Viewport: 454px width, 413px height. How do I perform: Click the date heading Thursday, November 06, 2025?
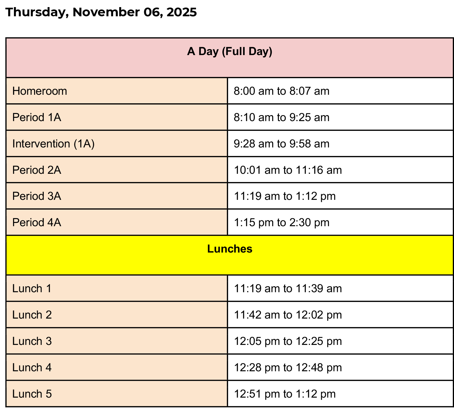point(101,12)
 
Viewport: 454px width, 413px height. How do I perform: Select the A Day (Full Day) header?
point(230,52)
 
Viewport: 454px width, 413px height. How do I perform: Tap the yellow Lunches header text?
point(230,249)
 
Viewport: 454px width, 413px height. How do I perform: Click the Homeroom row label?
point(40,91)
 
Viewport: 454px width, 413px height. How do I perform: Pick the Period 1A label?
point(37,117)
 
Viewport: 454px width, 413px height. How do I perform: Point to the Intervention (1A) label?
point(53,144)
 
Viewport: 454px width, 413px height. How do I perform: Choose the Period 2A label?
point(37,170)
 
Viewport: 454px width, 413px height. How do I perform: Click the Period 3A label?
point(37,196)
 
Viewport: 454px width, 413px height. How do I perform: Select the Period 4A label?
point(37,222)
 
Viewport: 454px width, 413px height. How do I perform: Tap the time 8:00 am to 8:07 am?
point(281,91)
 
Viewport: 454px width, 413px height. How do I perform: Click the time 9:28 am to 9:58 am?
point(281,144)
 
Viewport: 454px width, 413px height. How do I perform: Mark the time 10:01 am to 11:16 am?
point(288,170)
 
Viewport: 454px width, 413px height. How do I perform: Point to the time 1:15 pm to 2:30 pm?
point(281,222)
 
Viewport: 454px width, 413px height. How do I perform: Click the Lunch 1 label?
point(32,288)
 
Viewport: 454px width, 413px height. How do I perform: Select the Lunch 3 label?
point(32,341)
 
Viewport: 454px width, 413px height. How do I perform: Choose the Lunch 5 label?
point(32,394)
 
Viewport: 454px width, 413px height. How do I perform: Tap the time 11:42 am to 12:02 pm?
point(288,315)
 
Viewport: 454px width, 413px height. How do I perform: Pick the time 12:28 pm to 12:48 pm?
point(288,368)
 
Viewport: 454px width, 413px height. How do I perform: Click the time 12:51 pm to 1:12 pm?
point(284,394)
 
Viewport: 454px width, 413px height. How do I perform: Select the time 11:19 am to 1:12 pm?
point(284,196)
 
